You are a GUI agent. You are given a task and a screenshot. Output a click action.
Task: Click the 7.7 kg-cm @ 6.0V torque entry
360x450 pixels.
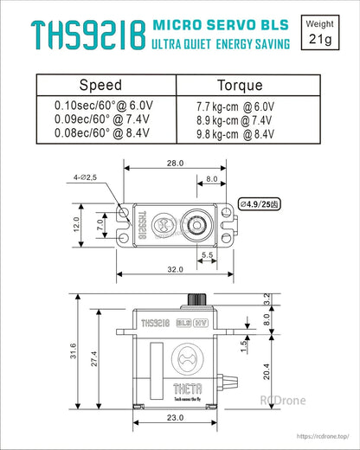(x=229, y=106)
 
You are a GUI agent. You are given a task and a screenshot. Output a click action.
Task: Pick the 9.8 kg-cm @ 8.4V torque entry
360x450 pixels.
(x=229, y=133)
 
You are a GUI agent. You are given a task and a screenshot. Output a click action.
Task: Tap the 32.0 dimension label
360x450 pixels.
(x=176, y=270)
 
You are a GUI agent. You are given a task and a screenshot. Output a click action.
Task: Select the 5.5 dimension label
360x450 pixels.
(x=207, y=254)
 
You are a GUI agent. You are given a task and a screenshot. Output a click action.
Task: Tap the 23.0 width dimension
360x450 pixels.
(x=175, y=418)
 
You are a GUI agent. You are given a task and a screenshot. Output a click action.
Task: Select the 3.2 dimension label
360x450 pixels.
(x=267, y=299)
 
